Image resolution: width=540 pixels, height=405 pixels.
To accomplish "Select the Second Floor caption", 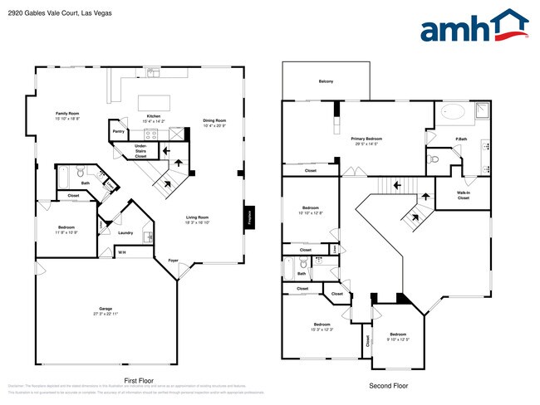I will click(390, 386).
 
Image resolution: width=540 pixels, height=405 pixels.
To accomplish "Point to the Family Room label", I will click(67, 115).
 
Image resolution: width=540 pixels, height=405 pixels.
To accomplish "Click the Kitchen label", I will click(154, 118).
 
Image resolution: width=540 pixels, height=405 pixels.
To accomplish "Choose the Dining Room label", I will click(214, 123).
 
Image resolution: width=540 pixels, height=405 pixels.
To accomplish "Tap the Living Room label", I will click(197, 219).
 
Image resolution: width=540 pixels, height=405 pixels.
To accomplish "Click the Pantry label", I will click(119, 131).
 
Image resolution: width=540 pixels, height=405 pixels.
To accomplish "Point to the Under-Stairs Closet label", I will click(140, 150).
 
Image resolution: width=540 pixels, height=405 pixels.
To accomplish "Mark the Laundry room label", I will click(125, 232).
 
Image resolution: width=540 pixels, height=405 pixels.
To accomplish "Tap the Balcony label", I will click(326, 81).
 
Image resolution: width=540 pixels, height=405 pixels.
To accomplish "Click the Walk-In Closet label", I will click(463, 195).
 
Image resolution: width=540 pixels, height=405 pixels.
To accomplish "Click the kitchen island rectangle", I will click(159, 102).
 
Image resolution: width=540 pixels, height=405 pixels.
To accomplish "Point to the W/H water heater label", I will click(121, 252).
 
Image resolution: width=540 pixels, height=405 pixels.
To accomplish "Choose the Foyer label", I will click(173, 261).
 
